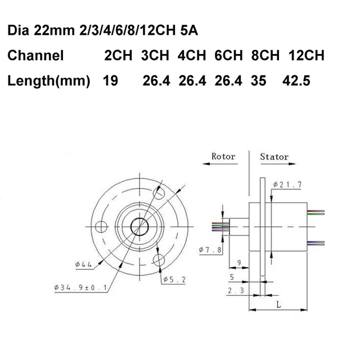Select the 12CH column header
point(306,56)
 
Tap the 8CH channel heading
point(265,56)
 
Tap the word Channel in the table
point(35,56)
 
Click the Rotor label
point(223,157)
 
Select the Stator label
point(274,157)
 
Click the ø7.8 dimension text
point(209,249)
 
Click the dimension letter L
point(280,304)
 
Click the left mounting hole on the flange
point(102,226)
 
